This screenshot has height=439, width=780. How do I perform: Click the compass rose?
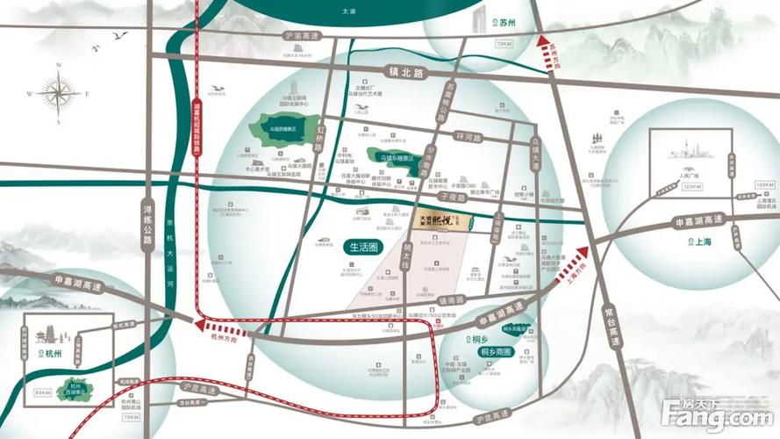(x=60, y=92)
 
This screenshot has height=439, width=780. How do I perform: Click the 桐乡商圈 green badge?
(x=496, y=351)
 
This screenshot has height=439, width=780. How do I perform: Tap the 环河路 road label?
(x=469, y=138)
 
